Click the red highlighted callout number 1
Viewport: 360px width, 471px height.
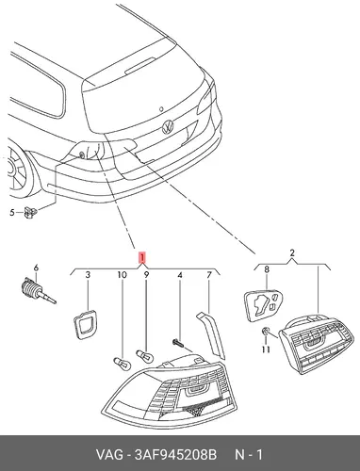click(x=142, y=257)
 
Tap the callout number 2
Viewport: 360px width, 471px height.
click(x=292, y=252)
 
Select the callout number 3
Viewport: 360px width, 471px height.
click(x=88, y=275)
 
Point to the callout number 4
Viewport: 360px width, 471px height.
click(x=180, y=275)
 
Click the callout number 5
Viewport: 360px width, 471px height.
click(x=12, y=213)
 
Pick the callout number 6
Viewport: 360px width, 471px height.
click(x=36, y=268)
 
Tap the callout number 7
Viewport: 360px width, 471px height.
click(x=209, y=275)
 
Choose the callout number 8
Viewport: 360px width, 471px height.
click(x=267, y=269)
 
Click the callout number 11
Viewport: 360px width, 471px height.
click(x=267, y=349)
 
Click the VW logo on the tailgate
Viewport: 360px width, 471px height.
click(x=168, y=127)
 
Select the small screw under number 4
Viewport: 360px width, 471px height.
click(x=177, y=343)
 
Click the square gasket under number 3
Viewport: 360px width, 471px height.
click(x=85, y=324)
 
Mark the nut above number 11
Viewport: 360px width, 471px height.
click(x=266, y=331)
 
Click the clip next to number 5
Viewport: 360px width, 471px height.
click(x=31, y=212)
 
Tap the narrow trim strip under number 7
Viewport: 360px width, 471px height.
click(x=211, y=334)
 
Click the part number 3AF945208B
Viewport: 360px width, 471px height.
click(x=175, y=454)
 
